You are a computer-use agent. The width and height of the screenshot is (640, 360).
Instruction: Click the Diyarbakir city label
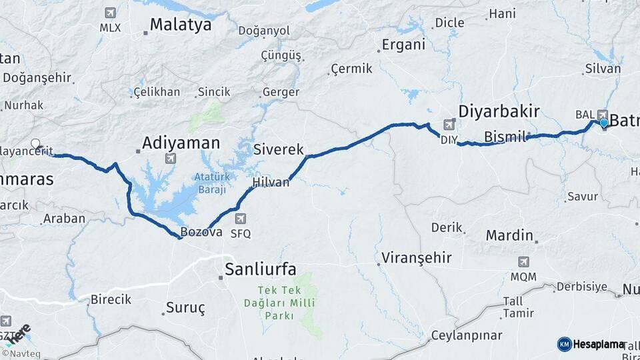coord(499,111)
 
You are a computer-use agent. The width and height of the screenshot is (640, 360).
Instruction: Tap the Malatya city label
coord(180,25)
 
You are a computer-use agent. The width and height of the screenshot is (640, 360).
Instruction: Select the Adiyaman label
coord(181,142)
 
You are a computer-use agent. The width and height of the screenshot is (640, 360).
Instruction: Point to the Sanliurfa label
coord(260,269)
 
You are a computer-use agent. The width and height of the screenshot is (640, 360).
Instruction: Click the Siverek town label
coord(278,150)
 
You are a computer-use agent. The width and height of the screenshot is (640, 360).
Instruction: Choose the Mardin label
coord(509,235)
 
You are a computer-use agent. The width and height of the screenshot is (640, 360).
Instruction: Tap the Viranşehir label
coord(417,257)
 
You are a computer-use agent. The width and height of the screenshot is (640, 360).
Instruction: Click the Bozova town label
coord(201,233)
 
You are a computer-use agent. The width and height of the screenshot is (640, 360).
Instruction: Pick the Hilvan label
coord(271,182)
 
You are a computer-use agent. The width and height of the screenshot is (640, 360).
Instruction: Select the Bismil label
coord(505,137)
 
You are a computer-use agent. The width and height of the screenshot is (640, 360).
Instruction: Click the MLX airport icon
coord(110,13)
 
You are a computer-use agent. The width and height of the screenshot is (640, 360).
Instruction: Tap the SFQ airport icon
coord(240,219)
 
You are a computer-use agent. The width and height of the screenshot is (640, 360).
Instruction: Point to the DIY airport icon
coord(450,124)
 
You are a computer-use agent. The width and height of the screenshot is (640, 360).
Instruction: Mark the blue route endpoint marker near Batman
coord(603,123)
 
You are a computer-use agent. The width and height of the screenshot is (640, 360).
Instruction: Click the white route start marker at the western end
coord(35,143)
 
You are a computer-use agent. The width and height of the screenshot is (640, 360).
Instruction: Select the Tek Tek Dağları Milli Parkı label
coord(287,303)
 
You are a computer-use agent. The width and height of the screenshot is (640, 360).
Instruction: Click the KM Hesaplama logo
coord(591,344)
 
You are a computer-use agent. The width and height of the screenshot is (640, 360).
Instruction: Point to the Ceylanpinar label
coord(464,335)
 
